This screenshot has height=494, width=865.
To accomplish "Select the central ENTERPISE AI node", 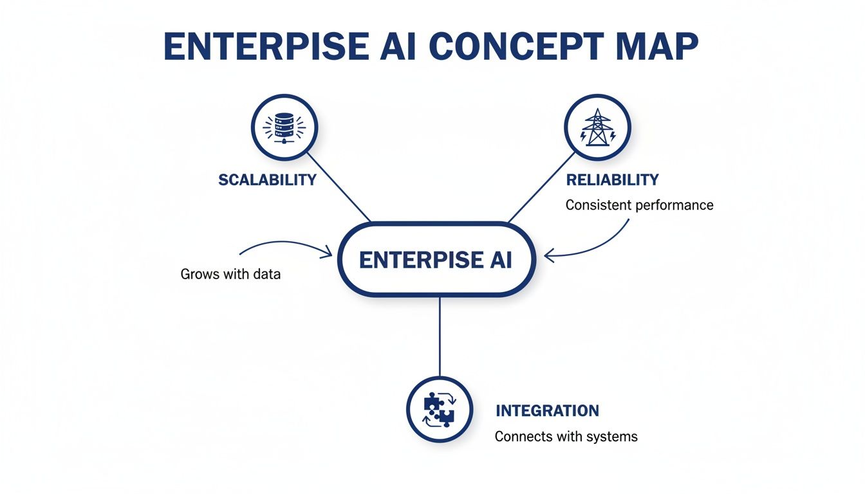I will click(x=436, y=260).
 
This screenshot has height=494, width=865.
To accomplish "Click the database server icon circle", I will click(x=284, y=127).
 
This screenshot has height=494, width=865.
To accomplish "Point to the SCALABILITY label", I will click(x=267, y=179).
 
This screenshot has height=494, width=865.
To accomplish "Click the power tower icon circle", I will click(x=597, y=127).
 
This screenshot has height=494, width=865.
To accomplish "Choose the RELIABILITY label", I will click(x=612, y=179).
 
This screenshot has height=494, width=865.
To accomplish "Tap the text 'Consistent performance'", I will click(x=639, y=205).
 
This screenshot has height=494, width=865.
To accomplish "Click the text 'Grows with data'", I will click(x=230, y=274).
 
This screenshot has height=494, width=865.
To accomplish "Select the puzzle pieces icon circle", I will click(x=440, y=409).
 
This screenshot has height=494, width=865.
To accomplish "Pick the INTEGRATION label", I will click(x=547, y=410).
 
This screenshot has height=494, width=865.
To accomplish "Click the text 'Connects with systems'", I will click(x=566, y=436).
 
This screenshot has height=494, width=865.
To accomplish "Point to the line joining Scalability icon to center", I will click(x=339, y=187).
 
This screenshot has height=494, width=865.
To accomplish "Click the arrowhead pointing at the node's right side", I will click(x=549, y=256).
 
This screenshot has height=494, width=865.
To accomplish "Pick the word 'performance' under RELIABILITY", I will click(x=674, y=205).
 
